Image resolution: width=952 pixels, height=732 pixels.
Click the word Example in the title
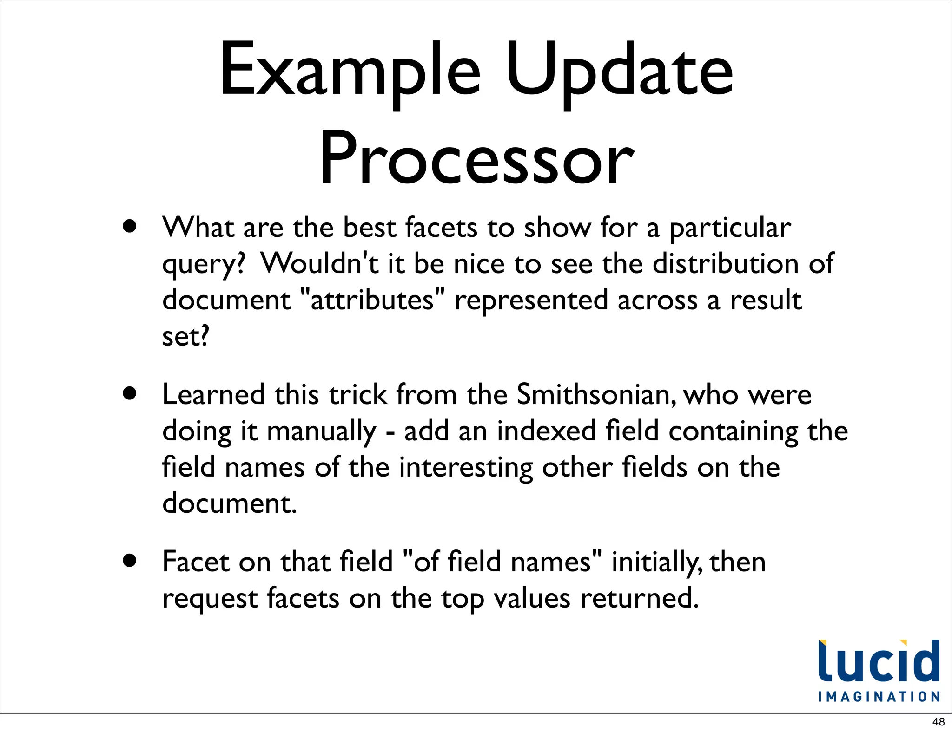(x=350, y=70)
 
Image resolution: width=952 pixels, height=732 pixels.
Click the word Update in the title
(x=619, y=70)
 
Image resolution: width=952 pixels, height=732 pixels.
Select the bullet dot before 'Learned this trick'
(x=130, y=394)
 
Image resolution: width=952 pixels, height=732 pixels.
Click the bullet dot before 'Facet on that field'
(x=130, y=561)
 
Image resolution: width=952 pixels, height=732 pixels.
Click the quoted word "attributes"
(x=373, y=300)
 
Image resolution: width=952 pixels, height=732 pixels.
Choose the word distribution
(x=726, y=263)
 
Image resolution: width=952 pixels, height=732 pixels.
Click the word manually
(x=322, y=431)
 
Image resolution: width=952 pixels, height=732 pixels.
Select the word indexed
(x=547, y=431)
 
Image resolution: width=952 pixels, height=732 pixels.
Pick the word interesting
(x=466, y=467)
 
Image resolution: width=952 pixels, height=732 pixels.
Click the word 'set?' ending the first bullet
(x=185, y=336)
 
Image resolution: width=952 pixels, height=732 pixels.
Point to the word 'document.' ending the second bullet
(x=229, y=503)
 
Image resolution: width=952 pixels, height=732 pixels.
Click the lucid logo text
(x=879, y=661)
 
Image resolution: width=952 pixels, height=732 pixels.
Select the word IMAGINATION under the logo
(x=879, y=697)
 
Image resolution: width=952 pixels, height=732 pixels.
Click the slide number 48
(x=939, y=722)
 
